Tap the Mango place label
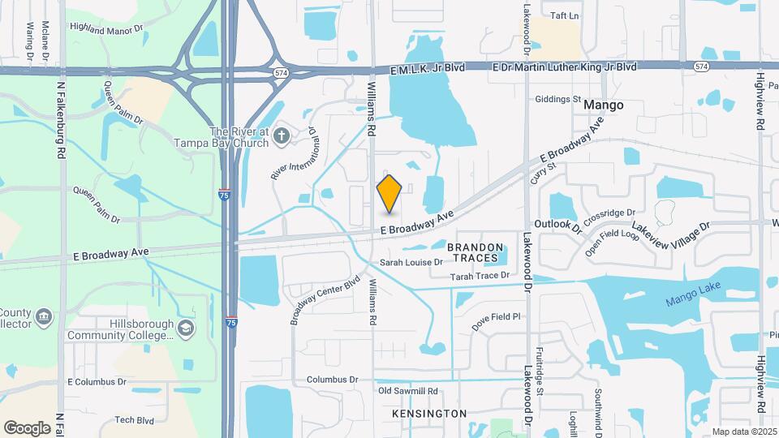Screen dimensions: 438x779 pyautogui.click(x=604, y=105)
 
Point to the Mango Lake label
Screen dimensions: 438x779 pyautogui.click(x=693, y=299)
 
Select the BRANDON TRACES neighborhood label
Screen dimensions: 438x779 pyautogui.click(x=475, y=251)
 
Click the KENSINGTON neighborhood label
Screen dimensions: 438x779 pyautogui.click(x=429, y=414)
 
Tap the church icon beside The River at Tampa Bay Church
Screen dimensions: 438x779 pyautogui.click(x=282, y=135)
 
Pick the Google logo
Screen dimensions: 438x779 pyautogui.click(x=27, y=427)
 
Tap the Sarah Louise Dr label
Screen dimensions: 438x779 pyautogui.click(x=411, y=263)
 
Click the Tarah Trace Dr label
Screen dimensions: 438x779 pyautogui.click(x=480, y=276)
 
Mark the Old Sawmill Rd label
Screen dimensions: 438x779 pyautogui.click(x=412, y=391)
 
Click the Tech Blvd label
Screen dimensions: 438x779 pyautogui.click(x=134, y=419)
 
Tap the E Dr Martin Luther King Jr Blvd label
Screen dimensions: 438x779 pyautogui.click(x=565, y=67)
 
